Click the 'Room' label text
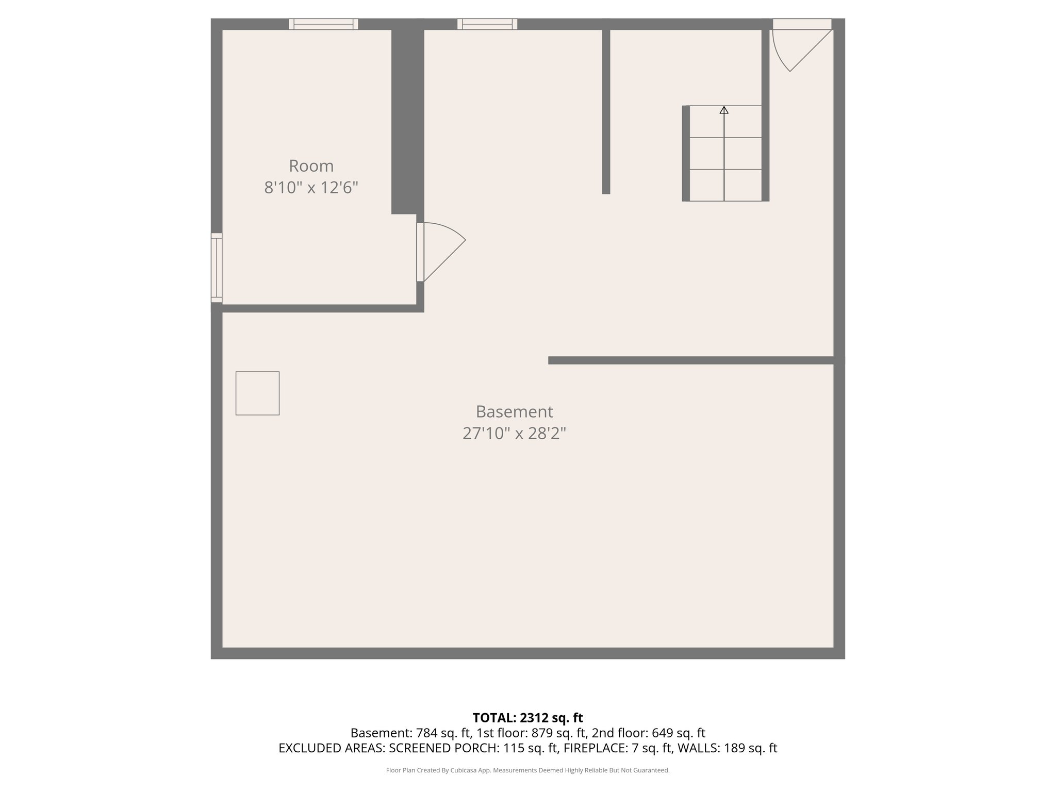(311, 166)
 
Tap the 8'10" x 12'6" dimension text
(311, 188)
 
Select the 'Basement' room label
(514, 412)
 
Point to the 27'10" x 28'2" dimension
(514, 434)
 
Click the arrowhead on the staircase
(724, 110)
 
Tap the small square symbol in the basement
(257, 393)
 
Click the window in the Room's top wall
(323, 24)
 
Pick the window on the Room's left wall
(217, 268)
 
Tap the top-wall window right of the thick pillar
(487, 24)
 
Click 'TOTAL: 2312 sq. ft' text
(527, 718)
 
